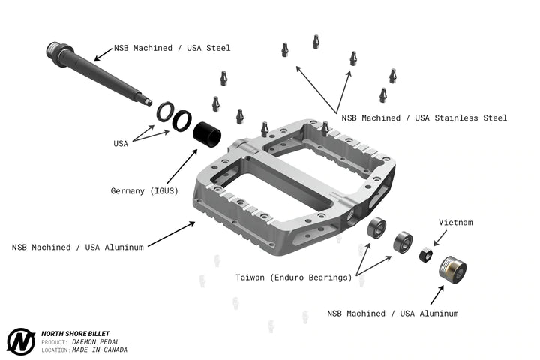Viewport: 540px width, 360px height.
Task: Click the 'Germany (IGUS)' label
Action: coord(144,190)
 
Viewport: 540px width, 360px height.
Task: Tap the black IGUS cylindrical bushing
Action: coord(207,134)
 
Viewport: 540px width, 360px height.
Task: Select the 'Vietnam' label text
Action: coord(456,222)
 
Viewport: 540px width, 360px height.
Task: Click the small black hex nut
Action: coord(426,254)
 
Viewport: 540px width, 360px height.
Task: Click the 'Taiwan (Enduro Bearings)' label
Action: coord(294,277)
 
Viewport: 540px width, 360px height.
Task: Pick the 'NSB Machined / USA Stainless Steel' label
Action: coord(424,118)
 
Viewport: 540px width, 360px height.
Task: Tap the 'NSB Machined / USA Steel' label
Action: coord(172,48)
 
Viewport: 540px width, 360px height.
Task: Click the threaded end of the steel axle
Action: coord(54,49)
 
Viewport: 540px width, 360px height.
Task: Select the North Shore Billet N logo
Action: coord(21,341)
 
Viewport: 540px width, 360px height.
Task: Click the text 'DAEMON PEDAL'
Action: coord(95,342)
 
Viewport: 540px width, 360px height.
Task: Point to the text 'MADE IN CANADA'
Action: coord(100,349)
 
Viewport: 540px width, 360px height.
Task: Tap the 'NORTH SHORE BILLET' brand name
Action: coord(76,334)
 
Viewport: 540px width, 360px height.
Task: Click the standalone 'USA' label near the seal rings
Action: coord(121,144)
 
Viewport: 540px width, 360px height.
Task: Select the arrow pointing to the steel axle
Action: coord(103,55)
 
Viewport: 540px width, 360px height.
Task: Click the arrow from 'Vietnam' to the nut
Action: coord(439,238)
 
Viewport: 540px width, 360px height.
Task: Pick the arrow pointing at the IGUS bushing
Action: coord(182,166)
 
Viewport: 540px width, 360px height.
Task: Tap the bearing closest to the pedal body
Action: coord(376,227)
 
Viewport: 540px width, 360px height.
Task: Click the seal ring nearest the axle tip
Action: coord(165,112)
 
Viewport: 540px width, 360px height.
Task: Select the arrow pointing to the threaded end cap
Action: coord(437,295)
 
